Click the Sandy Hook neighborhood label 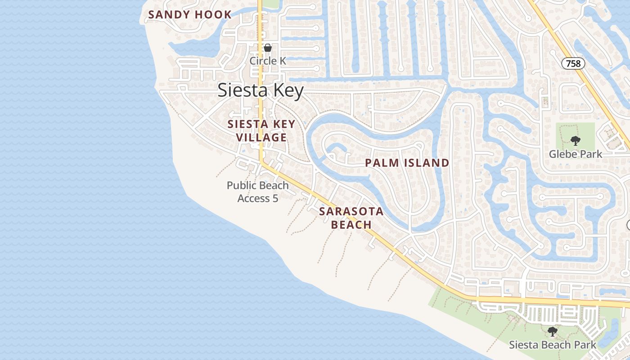(189, 14)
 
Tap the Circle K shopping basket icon (268, 48)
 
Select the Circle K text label (268, 60)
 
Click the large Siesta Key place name (261, 90)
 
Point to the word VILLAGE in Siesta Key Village (261, 137)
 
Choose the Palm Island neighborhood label (407, 163)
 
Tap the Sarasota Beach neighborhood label (351, 218)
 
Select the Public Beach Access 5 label (257, 192)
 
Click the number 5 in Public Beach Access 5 (275, 198)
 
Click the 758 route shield (573, 63)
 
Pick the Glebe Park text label (575, 154)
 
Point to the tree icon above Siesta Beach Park (553, 332)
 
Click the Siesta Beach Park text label (552, 345)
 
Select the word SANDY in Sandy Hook (168, 14)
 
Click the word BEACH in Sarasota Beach (351, 225)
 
